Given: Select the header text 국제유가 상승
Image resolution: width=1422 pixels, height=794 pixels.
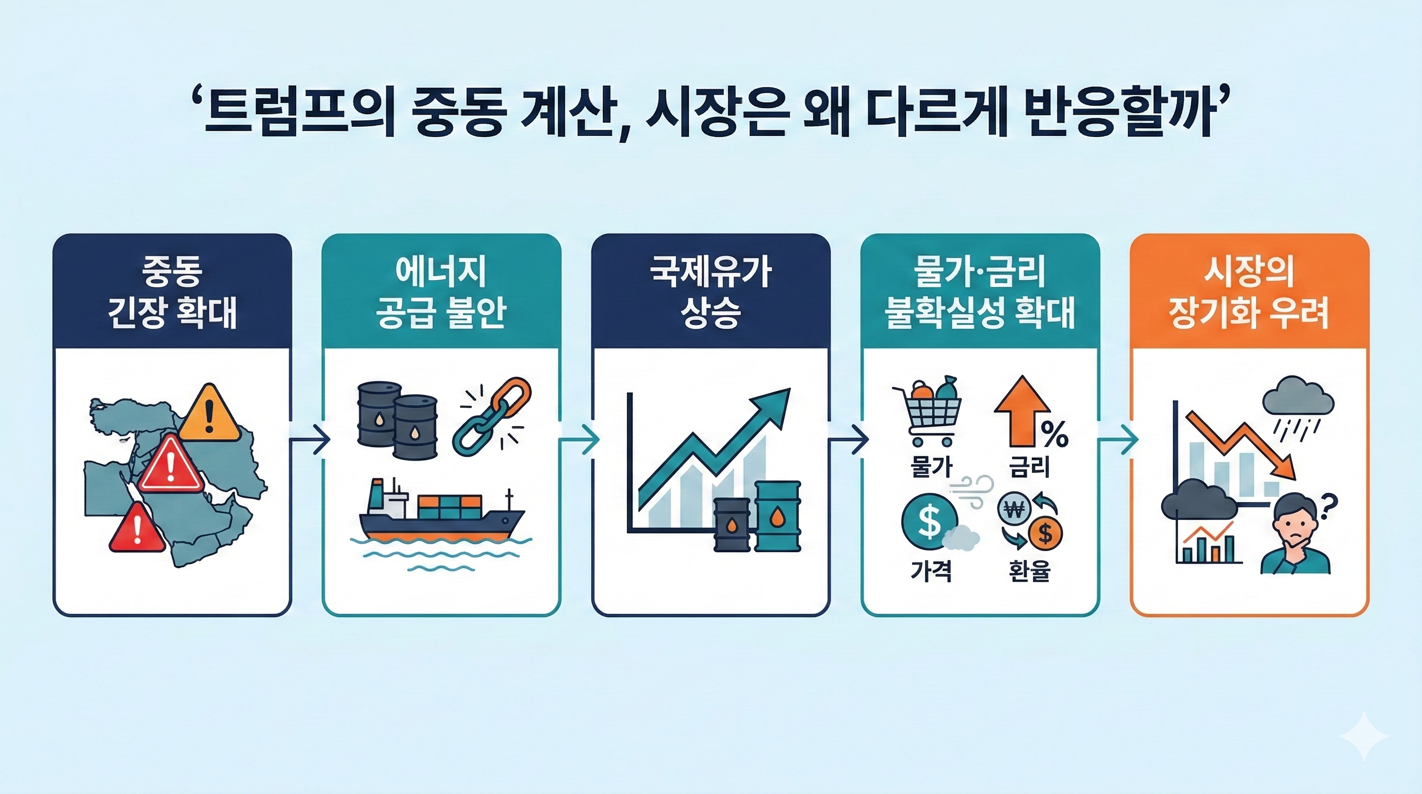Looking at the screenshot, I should pos(710,293).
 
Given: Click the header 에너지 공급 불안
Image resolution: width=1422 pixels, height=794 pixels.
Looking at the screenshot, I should pos(441,293).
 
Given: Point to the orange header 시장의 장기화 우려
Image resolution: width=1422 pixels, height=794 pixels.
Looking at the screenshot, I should pos(1249,293).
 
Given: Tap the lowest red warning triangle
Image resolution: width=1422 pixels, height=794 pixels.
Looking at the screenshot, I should pos(137,529).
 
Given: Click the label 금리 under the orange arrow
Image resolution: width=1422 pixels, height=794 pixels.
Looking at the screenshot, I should pos(1029,467).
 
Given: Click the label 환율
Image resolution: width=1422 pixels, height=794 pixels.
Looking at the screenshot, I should pos(1029,571).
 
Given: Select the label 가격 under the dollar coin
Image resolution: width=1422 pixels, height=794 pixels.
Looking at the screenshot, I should pos(931,571).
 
